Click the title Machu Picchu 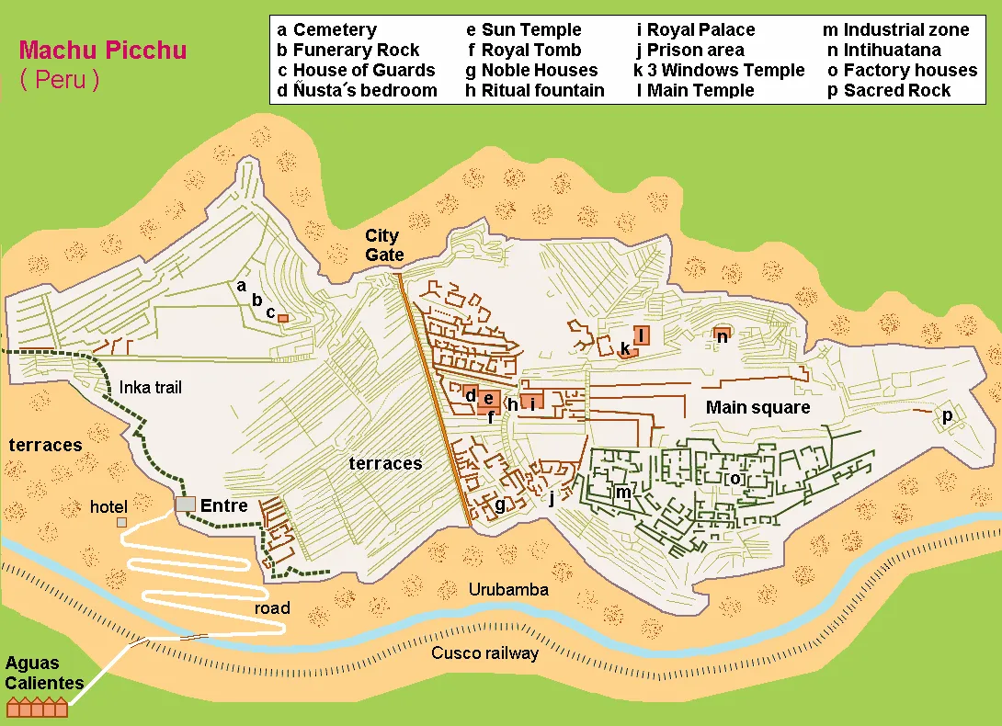[x=103, y=50]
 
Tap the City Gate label [x=383, y=245]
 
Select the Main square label [x=757, y=407]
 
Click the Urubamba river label [x=507, y=589]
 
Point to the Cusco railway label [x=484, y=653]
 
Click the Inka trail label [x=151, y=388]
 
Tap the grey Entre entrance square [x=186, y=505]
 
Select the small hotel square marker [x=122, y=522]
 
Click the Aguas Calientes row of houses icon [x=37, y=707]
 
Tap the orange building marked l [x=641, y=335]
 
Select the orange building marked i [x=532, y=402]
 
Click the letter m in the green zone [x=623, y=493]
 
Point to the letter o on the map [x=734, y=479]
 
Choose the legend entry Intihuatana [x=883, y=50]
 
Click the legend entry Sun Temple [x=524, y=29]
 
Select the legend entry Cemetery [x=326, y=29]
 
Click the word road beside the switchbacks [x=272, y=607]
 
